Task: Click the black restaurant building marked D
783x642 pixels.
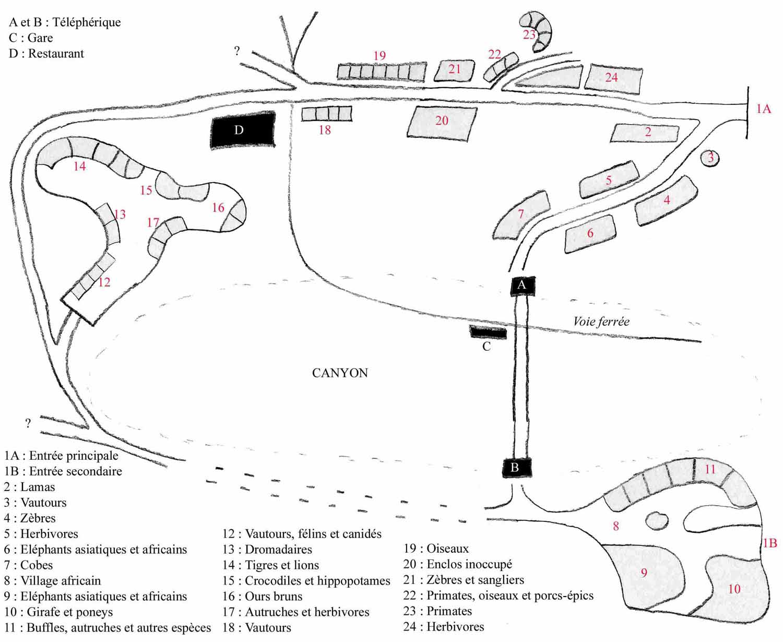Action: click(x=243, y=130)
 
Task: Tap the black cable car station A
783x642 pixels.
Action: click(x=522, y=286)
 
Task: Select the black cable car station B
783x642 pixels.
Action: click(x=516, y=468)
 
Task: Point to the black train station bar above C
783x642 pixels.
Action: click(x=488, y=332)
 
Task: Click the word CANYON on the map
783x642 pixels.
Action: click(x=340, y=373)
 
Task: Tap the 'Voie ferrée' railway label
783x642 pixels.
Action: click(x=601, y=322)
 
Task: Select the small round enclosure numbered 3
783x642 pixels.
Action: click(x=710, y=157)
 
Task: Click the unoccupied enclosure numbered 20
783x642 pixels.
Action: click(x=442, y=122)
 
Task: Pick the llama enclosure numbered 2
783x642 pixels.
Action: click(x=646, y=133)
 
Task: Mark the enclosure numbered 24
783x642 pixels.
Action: click(x=613, y=78)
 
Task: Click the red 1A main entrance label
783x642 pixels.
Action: click(x=763, y=109)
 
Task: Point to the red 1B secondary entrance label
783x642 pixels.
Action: click(x=770, y=543)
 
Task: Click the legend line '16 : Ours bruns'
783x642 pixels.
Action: click(x=262, y=596)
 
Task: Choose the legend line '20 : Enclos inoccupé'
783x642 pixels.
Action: click(x=457, y=564)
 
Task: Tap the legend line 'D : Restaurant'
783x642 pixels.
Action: click(x=46, y=53)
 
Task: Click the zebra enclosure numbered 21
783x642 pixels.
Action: click(x=454, y=70)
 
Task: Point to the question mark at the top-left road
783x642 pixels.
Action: click(x=237, y=51)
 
